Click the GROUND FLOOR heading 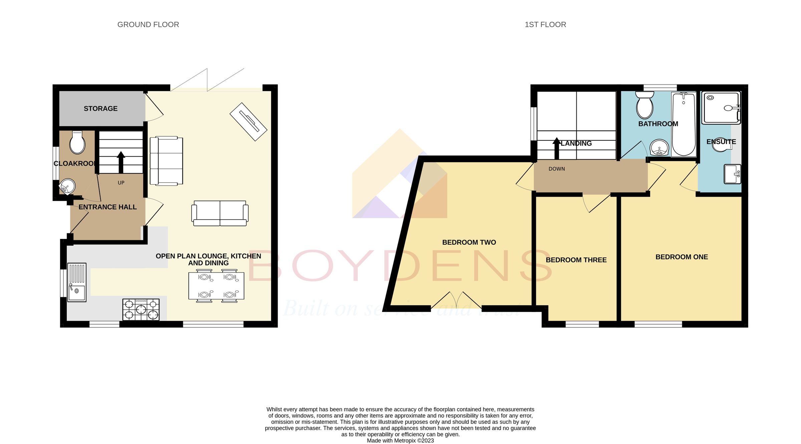pyautogui.click(x=148, y=25)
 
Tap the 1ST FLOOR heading pyautogui.click(x=545, y=25)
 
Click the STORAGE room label pyautogui.click(x=100, y=109)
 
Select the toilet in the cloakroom pyautogui.click(x=77, y=143)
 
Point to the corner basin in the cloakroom pyautogui.click(x=67, y=186)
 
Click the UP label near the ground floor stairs pyautogui.click(x=121, y=183)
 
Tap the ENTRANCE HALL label pyautogui.click(x=107, y=207)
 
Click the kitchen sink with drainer pyautogui.click(x=77, y=282)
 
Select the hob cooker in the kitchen pyautogui.click(x=141, y=310)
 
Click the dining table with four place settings pyautogui.click(x=216, y=286)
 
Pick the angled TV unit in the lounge pyautogui.click(x=248, y=122)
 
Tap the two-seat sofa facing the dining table pyautogui.click(x=220, y=213)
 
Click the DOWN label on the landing pyautogui.click(x=557, y=169)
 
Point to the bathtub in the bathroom pyautogui.click(x=684, y=124)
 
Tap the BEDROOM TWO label pyautogui.click(x=469, y=242)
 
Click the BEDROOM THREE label pyautogui.click(x=576, y=260)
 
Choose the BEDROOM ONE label pyautogui.click(x=682, y=257)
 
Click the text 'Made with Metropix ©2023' pyautogui.click(x=400, y=441)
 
